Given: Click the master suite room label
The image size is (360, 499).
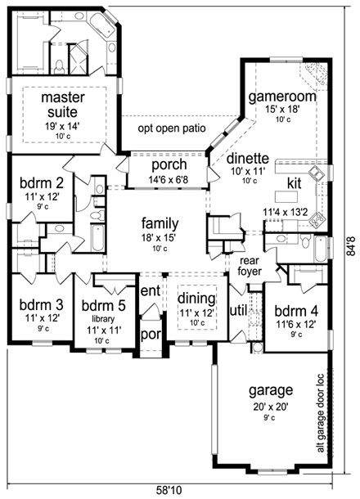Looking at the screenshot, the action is (63, 105).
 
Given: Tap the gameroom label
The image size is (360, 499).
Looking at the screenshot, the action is (282, 97).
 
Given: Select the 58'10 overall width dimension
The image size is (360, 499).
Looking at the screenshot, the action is (169, 490).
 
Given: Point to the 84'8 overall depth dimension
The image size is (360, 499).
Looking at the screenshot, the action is (350, 246).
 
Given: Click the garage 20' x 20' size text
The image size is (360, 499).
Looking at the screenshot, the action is (271, 407).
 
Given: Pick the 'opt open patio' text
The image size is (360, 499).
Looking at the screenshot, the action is (172, 128).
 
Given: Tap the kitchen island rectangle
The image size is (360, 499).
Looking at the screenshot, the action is (287, 196).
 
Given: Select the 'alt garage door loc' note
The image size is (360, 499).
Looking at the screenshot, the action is (320, 413).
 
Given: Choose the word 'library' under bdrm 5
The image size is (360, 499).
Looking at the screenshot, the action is (103, 318).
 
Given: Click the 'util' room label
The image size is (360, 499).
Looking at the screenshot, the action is (238, 311).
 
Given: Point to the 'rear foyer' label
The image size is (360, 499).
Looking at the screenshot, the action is (250, 266).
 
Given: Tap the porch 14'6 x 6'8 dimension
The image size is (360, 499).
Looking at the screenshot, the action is (169, 180).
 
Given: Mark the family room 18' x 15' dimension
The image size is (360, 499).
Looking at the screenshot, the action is (160, 237).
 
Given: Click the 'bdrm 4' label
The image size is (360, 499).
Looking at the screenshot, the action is (296, 311).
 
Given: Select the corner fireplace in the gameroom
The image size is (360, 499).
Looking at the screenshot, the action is (314, 74).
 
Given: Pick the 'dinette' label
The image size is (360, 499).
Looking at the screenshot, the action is (248, 159).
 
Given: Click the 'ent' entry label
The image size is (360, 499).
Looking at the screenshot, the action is (151, 291).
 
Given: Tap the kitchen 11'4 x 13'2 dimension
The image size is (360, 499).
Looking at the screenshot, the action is (285, 213).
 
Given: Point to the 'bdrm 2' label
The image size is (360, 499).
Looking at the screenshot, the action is (42, 183).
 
